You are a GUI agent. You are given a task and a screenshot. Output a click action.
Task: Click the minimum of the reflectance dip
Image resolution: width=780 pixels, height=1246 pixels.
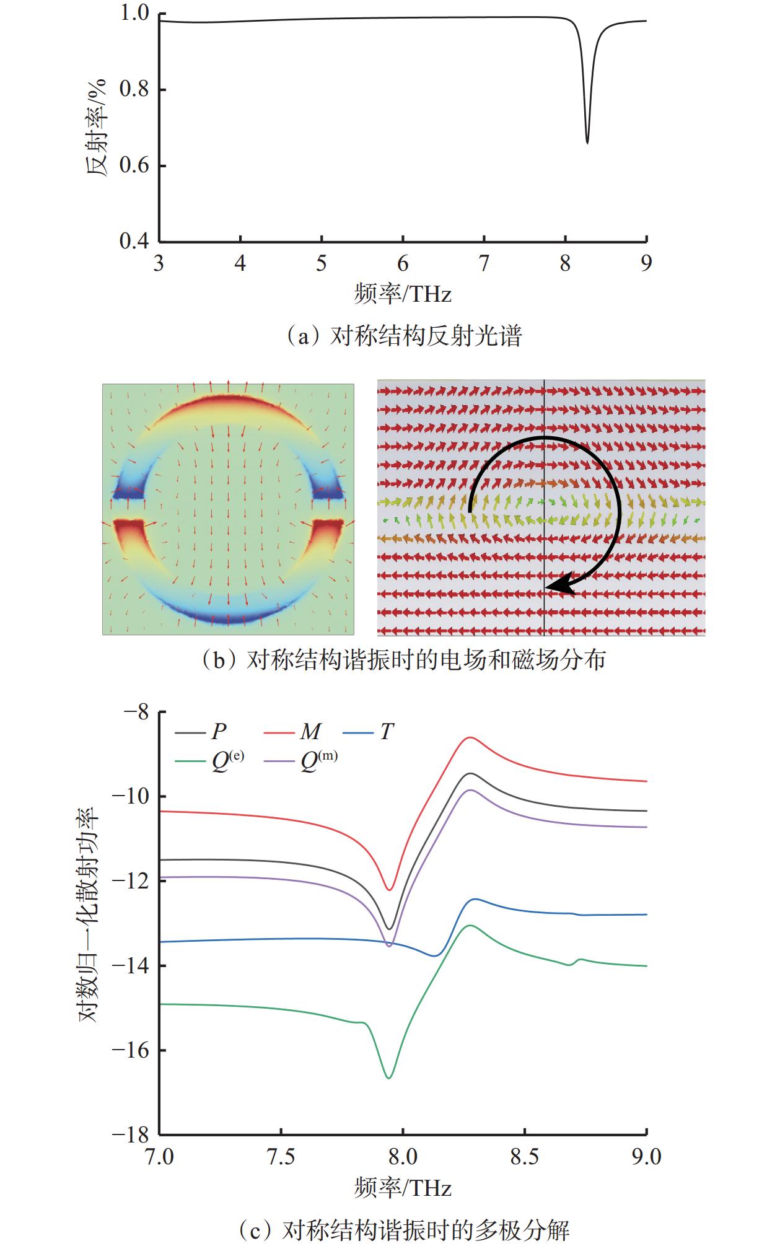point(587,143)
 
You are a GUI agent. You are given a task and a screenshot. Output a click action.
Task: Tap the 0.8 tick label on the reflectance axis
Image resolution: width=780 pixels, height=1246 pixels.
point(134,90)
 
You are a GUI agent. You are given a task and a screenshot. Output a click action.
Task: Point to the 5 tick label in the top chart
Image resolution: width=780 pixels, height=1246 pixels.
point(321,264)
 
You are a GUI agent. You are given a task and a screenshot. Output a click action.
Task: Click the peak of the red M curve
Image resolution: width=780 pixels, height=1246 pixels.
point(470,737)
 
